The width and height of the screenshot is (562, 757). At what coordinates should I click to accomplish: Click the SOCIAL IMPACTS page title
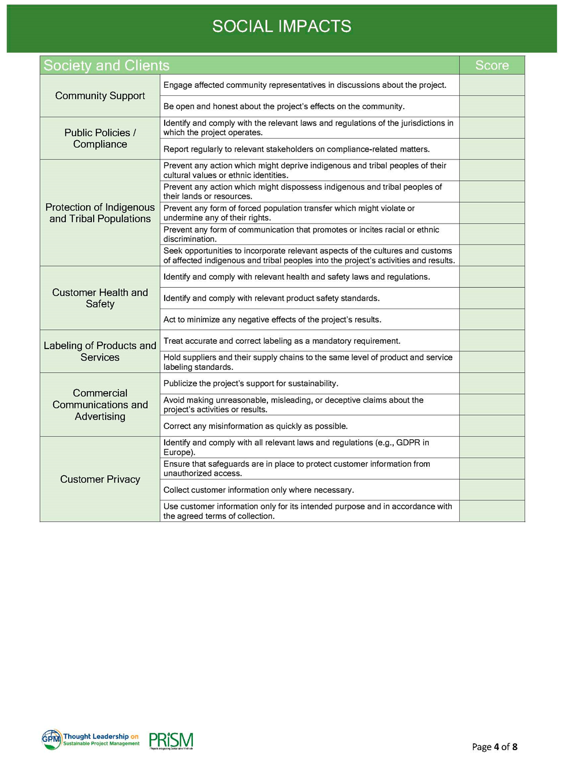281,27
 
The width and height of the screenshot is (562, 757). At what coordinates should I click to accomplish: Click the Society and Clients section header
107,65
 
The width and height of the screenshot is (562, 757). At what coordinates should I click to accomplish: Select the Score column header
492,65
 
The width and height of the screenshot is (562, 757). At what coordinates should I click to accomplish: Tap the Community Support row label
100,96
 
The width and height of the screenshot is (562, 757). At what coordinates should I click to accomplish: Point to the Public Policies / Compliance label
100,139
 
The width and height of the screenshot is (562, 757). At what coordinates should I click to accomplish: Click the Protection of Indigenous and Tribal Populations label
100,213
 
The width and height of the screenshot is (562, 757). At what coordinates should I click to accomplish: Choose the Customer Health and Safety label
100,298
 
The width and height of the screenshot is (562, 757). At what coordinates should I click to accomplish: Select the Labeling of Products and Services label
100,351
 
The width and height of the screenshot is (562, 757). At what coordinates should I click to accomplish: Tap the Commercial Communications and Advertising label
100,405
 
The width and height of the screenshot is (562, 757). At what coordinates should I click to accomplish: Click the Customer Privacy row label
100,479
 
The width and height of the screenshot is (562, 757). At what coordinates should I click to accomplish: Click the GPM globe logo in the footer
51,739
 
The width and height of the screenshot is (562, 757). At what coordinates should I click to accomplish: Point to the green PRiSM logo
171,740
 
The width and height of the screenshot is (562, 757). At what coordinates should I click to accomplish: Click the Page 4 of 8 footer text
494,747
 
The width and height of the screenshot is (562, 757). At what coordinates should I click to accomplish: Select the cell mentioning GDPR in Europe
309,447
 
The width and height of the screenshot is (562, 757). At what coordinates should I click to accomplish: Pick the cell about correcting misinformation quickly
309,426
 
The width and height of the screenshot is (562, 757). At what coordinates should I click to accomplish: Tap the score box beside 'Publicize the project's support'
492,383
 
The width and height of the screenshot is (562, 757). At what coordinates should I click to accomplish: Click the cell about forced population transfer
309,213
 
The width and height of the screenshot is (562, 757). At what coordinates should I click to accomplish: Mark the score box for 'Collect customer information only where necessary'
492,490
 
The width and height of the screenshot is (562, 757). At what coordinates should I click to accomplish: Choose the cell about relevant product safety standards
309,298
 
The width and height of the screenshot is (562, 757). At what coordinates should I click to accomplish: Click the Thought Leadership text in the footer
96,736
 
